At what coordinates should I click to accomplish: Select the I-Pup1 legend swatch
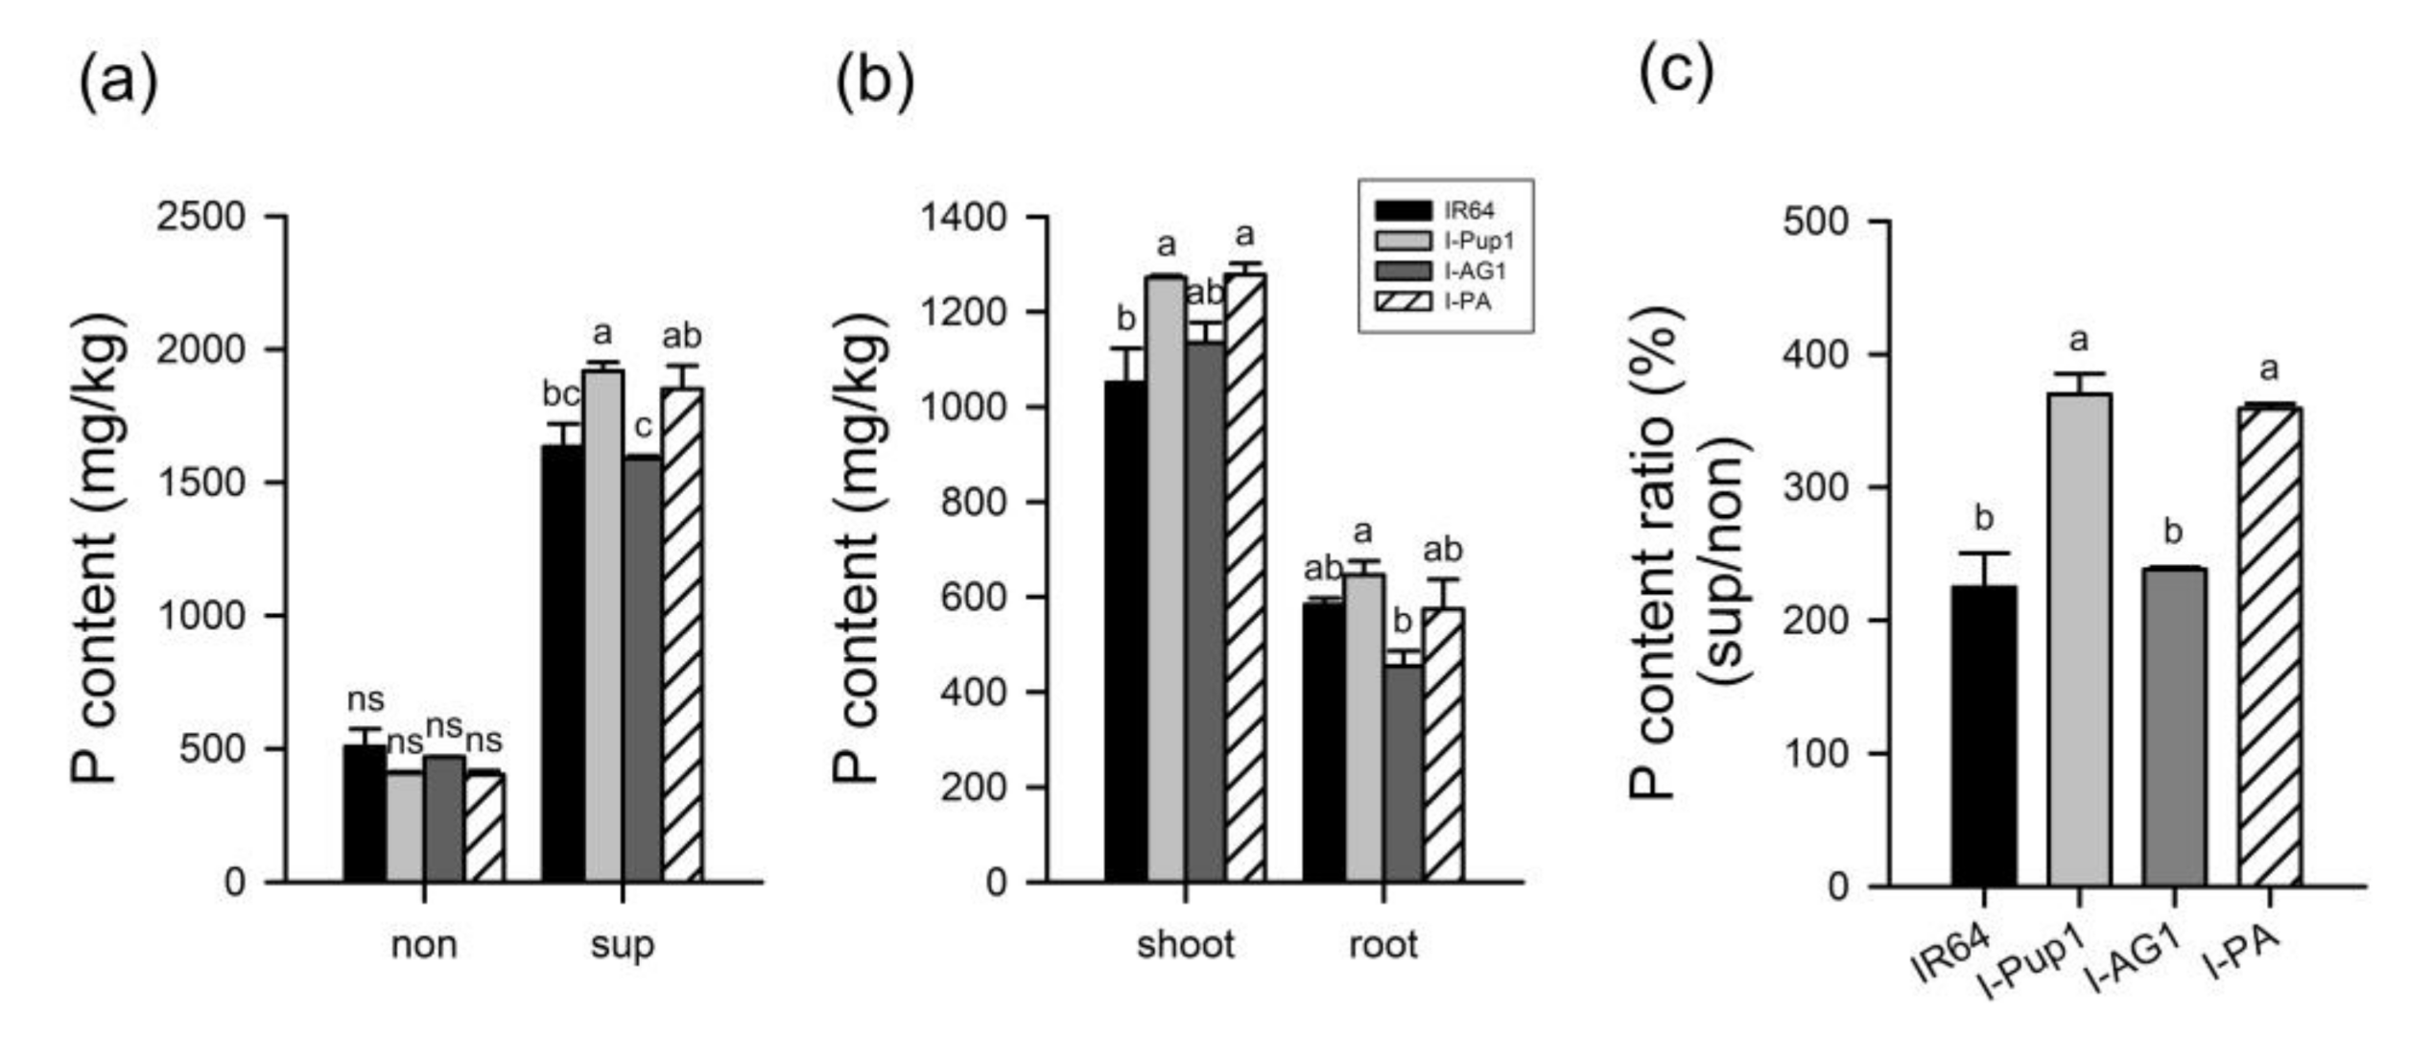pos(1403,240)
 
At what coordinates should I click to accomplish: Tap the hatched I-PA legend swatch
pos(1403,301)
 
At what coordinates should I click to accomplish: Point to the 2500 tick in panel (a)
pos(201,217)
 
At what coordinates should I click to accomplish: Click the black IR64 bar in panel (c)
pos(1983,735)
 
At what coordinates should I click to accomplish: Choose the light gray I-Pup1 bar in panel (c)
pos(2079,639)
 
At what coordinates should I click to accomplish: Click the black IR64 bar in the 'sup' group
pos(562,662)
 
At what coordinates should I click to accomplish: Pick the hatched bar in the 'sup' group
pos(682,633)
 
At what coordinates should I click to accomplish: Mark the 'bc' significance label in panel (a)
pos(561,393)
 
